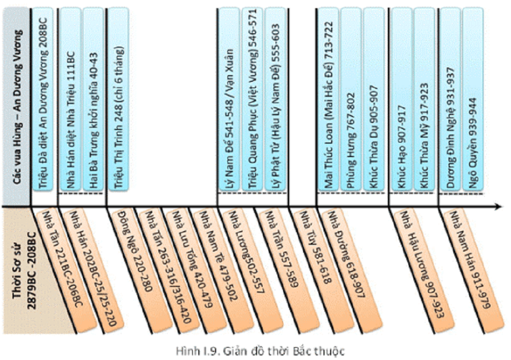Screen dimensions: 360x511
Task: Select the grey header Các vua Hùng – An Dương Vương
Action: tap(16, 102)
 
